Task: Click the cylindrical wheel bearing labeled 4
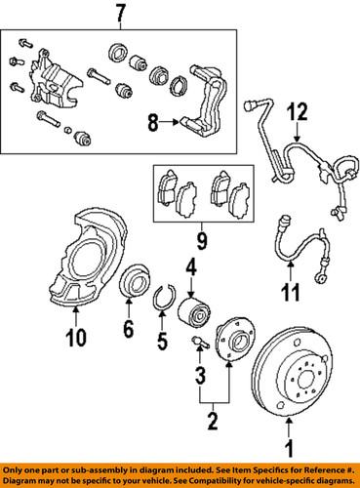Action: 192,312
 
